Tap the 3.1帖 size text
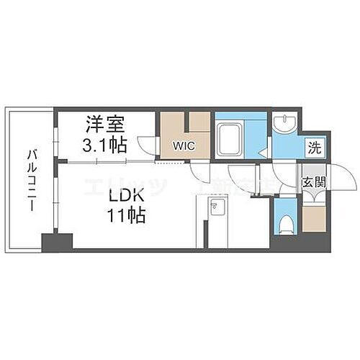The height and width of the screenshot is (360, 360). tap(103, 143)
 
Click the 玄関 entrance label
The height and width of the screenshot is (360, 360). tap(314, 181)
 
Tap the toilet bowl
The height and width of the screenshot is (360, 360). tap(286, 220)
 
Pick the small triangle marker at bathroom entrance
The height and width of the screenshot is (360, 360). tap(264, 152)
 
